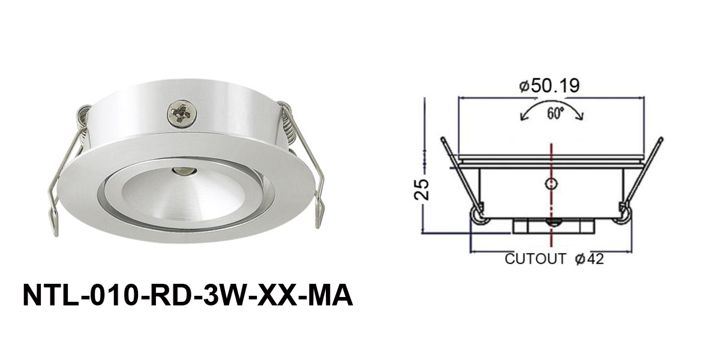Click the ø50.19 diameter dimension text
[x=549, y=85]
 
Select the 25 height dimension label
[x=422, y=188]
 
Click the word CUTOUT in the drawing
[x=536, y=259]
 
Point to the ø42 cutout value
[x=589, y=259]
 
